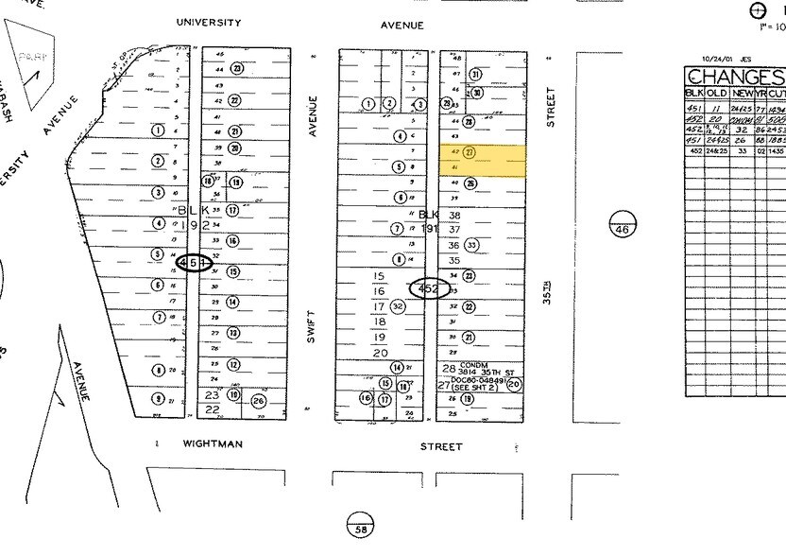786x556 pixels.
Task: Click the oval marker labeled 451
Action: tap(195, 264)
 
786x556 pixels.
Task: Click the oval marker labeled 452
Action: tap(429, 289)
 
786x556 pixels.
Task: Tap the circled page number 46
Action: tap(623, 224)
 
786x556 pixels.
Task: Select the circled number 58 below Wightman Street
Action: tap(360, 527)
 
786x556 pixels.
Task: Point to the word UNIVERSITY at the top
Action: tap(209, 23)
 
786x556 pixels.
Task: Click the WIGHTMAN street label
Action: tap(213, 443)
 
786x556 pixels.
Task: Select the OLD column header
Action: tap(717, 93)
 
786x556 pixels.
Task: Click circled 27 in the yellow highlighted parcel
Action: tap(470, 151)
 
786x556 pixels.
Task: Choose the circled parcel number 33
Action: tap(472, 245)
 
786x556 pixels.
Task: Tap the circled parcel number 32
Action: tap(399, 306)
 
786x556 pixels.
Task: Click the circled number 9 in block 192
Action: tap(159, 399)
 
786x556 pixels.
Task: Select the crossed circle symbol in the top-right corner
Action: tap(757, 10)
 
